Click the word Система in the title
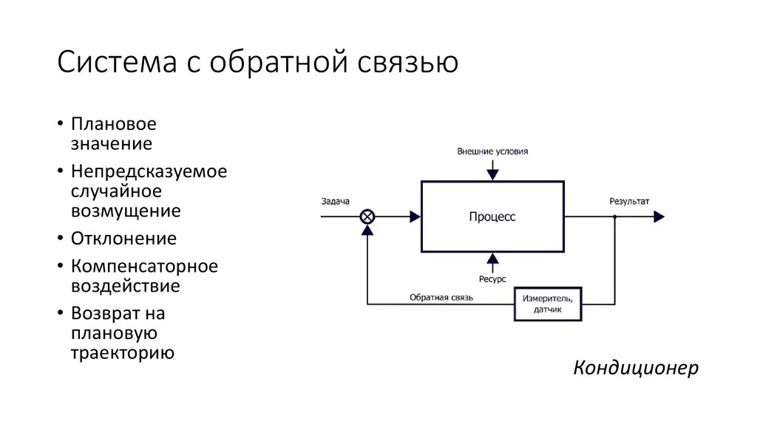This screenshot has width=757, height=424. pos(117,62)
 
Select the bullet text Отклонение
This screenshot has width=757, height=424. pos(123,239)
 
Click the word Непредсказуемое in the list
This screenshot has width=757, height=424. pos(149,171)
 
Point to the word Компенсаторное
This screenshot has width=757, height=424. pos(144,267)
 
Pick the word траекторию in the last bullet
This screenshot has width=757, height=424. pos(123,353)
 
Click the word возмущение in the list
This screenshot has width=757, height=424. pos(126,211)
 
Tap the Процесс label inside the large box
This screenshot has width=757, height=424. pos(492,216)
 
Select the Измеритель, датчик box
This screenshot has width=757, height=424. pos(548,304)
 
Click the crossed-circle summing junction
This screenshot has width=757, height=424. pos(367,216)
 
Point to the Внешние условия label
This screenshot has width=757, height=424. pos(492,151)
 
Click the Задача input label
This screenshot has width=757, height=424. pos(335,201)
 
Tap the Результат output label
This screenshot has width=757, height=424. pos(629,201)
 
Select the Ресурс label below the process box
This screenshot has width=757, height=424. pos(492,278)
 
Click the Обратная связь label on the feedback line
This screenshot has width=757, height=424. pos(441,298)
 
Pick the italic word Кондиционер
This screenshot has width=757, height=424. pos(636,368)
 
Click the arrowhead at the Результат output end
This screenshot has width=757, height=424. pos(659,216)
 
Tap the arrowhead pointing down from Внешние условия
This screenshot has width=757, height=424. pos(492,174)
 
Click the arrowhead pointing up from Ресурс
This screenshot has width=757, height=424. pos(492,259)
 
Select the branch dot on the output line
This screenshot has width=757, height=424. pos(614,216)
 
